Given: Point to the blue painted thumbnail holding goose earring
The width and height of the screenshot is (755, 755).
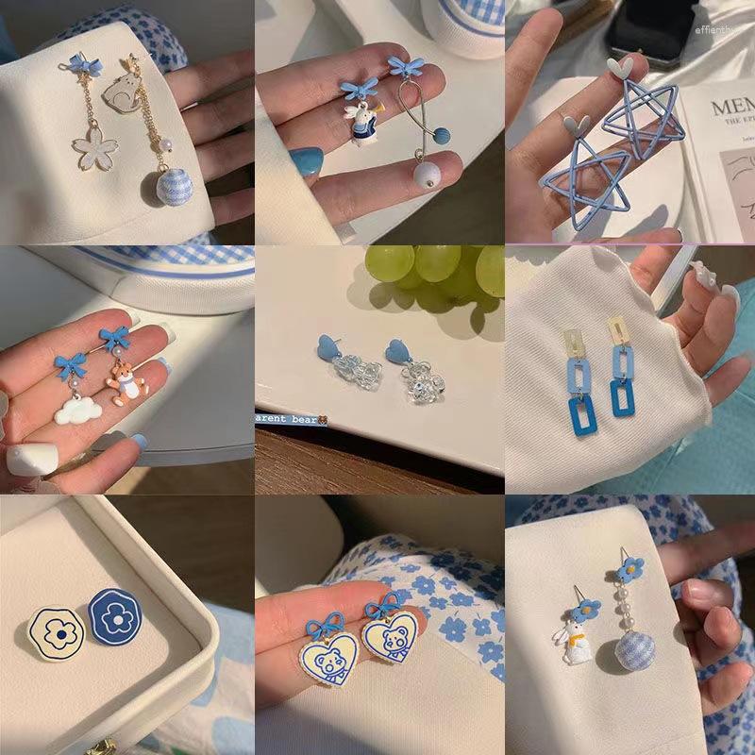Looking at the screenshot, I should (307, 162).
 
